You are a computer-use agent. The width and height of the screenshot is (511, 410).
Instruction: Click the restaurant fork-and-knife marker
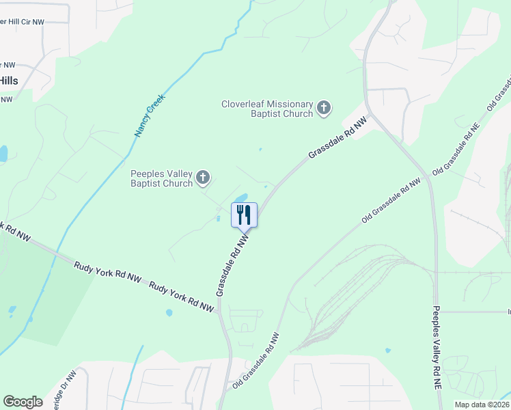[x=244, y=215]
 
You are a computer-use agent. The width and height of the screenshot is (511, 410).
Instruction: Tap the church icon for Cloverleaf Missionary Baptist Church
[x=324, y=107]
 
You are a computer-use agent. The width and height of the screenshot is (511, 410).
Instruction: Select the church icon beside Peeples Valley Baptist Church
[x=202, y=178]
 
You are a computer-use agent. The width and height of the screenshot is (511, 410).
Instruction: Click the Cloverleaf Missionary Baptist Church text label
[x=266, y=109]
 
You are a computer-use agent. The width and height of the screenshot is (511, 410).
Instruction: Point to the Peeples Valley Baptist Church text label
[x=162, y=178]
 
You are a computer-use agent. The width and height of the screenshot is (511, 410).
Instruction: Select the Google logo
[x=23, y=402]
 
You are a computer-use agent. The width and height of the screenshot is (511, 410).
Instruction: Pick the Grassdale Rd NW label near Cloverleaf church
[x=337, y=137]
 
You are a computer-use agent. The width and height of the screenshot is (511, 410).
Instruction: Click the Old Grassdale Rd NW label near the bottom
[x=256, y=360]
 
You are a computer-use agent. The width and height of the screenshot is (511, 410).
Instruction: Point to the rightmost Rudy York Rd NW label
[x=182, y=297]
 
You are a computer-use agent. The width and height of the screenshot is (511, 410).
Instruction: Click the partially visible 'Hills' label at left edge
[x=9, y=81]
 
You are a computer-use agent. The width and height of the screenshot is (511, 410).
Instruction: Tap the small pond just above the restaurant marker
[x=241, y=199]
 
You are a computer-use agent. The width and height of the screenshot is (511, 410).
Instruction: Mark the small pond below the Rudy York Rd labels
[x=169, y=314]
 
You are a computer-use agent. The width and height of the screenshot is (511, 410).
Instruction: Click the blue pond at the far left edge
[x=3, y=153]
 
